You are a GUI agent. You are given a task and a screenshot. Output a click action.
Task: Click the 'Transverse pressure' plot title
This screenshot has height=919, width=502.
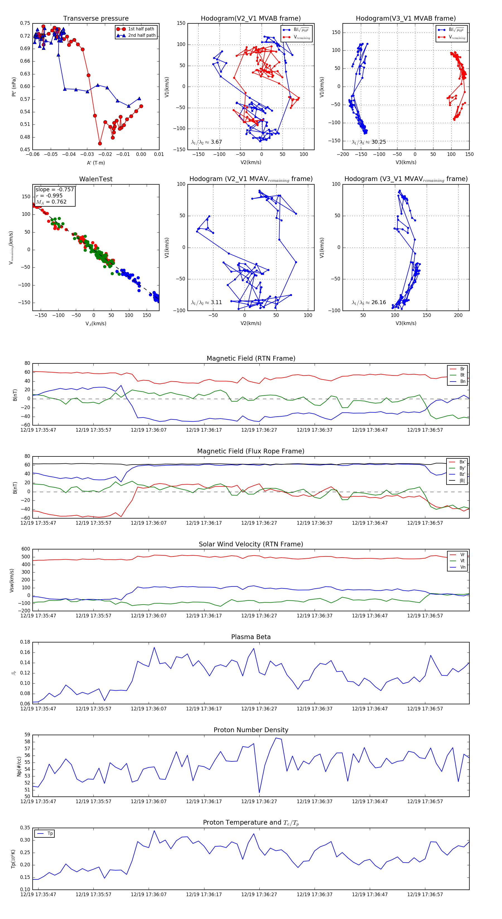point(96,19)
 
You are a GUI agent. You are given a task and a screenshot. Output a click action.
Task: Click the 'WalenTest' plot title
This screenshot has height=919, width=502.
point(96,179)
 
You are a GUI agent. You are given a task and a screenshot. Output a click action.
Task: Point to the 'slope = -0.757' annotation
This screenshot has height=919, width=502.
point(54,189)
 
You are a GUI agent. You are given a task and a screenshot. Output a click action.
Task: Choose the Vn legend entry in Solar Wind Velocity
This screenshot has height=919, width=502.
point(462,567)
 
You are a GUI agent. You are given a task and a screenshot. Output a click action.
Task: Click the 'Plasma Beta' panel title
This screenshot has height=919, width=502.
point(251,637)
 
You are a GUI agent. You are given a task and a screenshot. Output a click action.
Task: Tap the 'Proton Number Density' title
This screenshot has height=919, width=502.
point(251,730)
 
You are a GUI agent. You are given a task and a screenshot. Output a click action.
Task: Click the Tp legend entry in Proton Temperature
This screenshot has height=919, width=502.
point(50,834)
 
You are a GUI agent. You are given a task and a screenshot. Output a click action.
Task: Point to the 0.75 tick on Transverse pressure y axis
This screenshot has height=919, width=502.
point(25,23)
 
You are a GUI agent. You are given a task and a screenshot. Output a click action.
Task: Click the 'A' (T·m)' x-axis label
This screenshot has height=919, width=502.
point(96,163)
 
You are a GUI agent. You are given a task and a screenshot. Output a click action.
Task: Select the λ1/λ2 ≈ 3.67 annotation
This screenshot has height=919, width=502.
point(206,142)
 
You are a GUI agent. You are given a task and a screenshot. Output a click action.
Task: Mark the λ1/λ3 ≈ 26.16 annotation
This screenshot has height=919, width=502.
point(369,302)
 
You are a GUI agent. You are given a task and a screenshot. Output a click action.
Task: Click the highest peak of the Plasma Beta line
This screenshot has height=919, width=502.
point(154,647)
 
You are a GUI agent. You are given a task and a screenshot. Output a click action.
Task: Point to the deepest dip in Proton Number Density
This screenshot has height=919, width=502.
point(259,793)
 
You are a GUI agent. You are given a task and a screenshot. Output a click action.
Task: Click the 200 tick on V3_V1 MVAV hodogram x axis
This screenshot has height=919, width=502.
point(458,315)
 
